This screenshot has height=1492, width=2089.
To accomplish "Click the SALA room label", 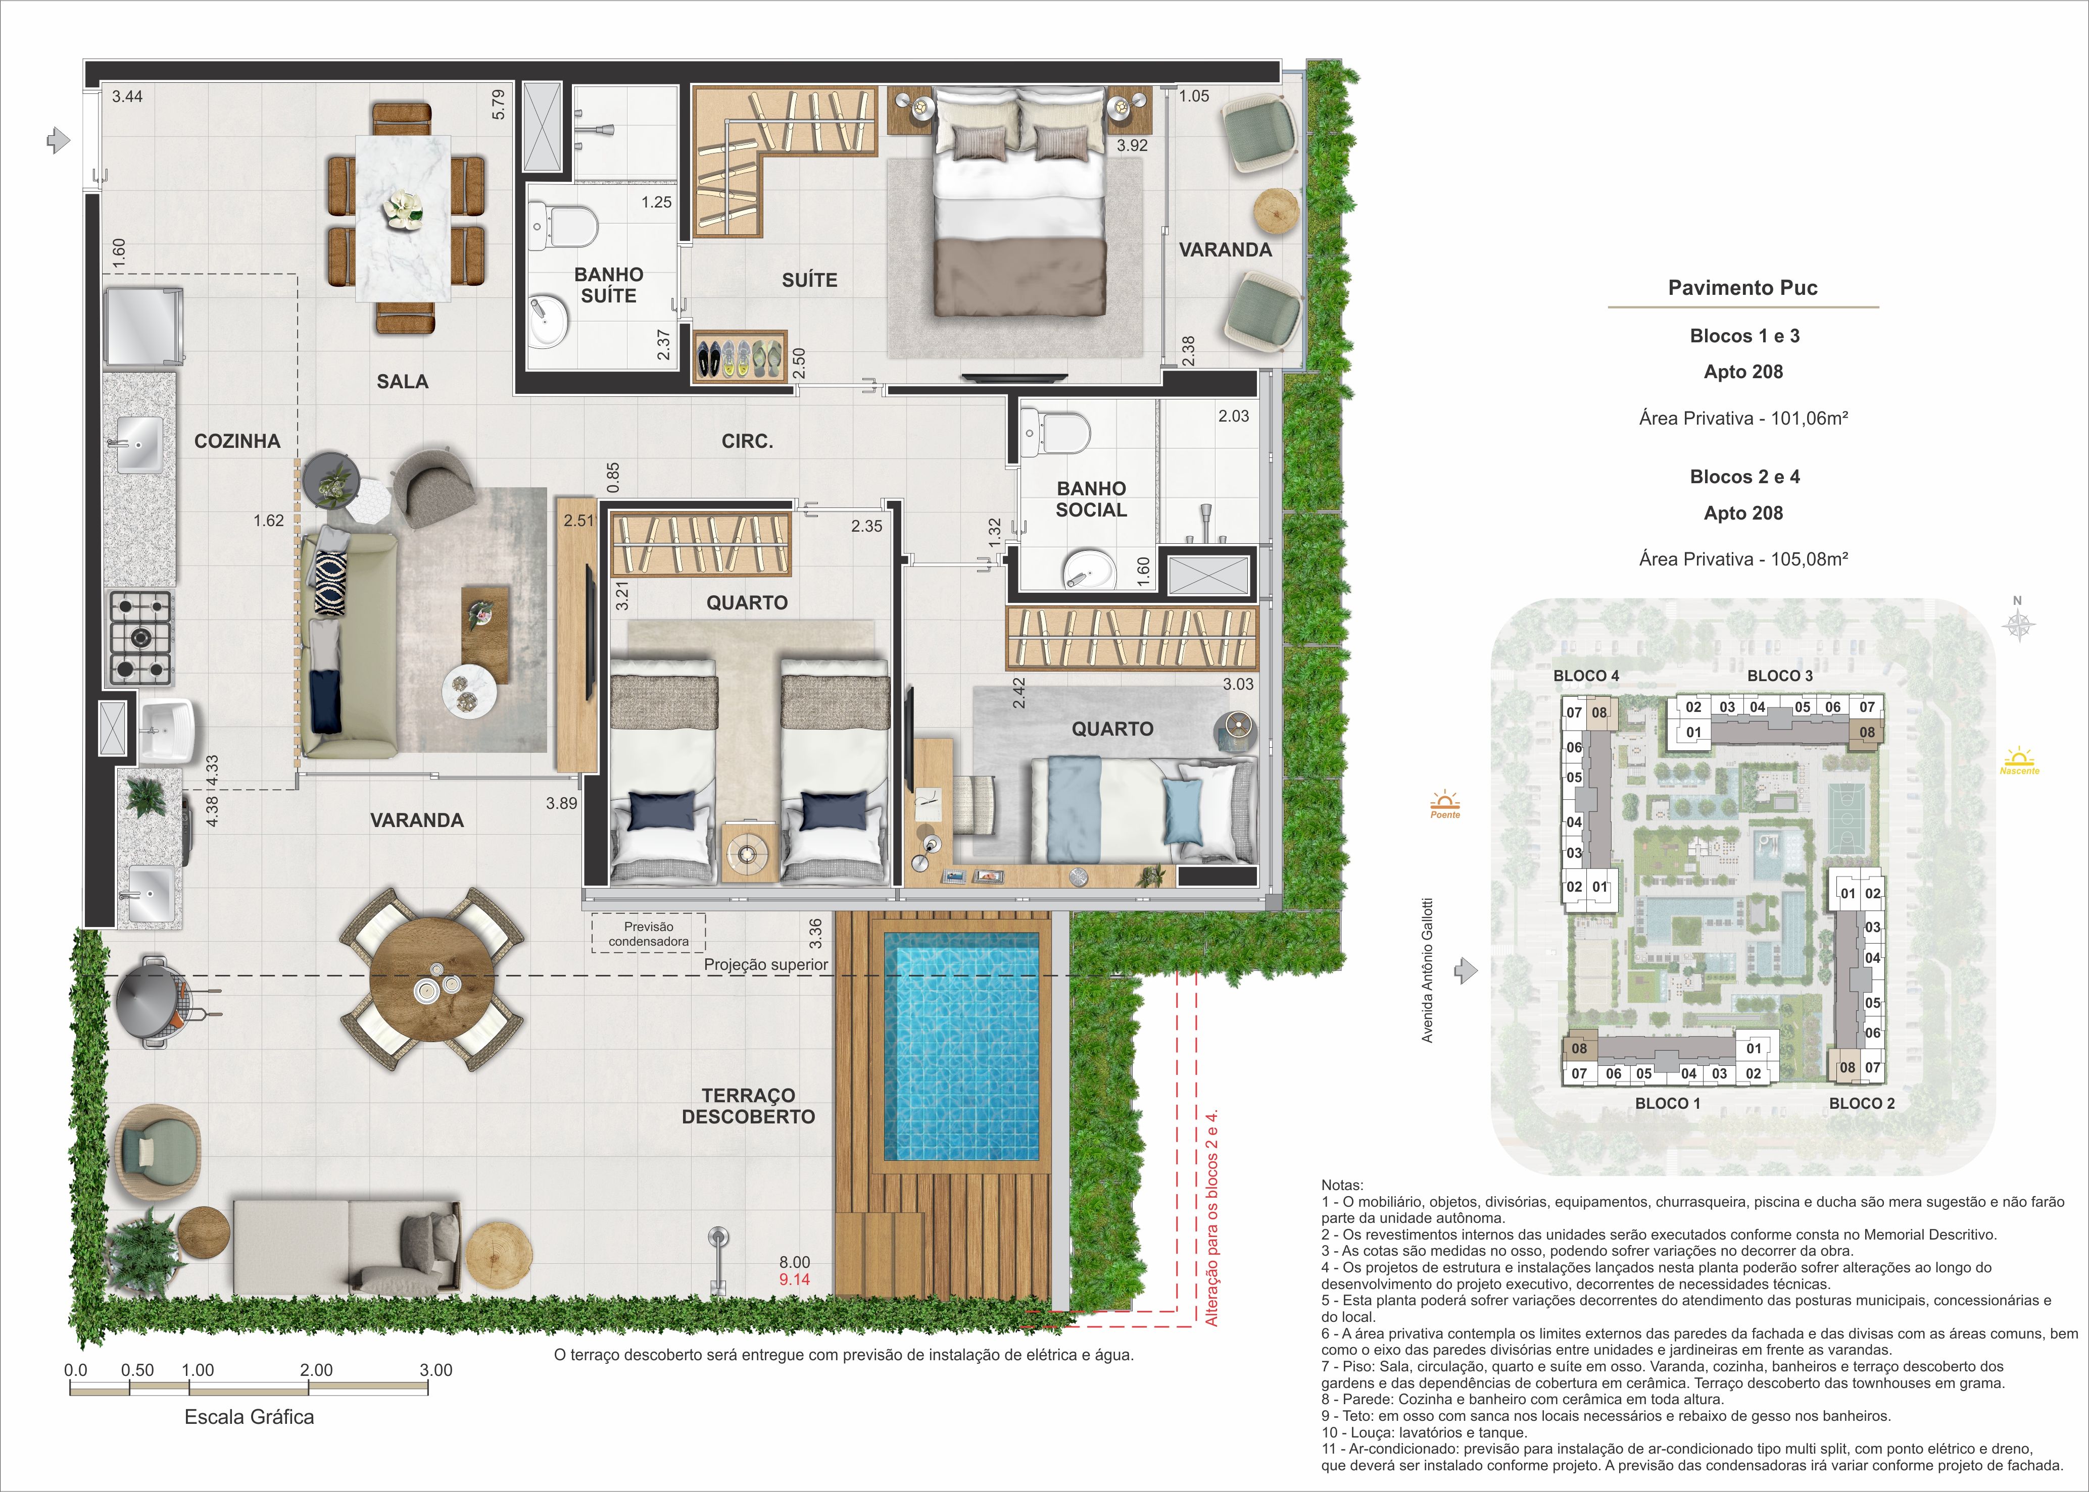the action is [403, 381].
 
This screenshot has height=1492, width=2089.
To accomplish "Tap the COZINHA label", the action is [237, 441].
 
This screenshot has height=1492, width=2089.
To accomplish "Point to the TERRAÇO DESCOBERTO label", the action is [748, 1106].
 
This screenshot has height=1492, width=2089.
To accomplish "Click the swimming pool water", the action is [961, 1047].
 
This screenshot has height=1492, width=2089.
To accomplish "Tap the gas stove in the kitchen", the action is [141, 638].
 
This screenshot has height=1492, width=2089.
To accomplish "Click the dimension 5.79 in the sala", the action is [498, 105].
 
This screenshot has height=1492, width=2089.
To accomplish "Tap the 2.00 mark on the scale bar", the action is [316, 1370].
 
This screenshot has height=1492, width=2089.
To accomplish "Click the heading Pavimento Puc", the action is [1742, 288].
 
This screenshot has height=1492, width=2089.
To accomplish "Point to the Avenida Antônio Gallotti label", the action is [1427, 970].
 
